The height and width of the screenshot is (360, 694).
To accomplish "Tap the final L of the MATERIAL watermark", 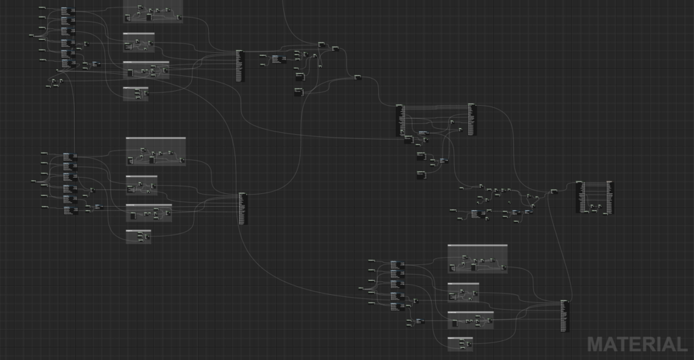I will (680, 344).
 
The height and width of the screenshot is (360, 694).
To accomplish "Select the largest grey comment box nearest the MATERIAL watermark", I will (477, 259).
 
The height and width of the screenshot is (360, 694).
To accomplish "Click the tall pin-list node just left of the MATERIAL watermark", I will (565, 317).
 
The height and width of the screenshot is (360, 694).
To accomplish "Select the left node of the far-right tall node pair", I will (579, 197).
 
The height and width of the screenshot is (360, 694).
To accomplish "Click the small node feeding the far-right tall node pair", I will (554, 191).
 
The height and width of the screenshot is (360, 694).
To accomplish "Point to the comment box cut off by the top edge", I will (153, 9).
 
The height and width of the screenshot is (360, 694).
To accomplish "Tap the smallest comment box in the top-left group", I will (136, 94).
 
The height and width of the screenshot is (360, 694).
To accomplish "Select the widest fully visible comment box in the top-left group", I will (146, 70).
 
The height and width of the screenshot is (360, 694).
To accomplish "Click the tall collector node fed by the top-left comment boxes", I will (239, 66).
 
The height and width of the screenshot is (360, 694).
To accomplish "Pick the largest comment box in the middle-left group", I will (155, 151).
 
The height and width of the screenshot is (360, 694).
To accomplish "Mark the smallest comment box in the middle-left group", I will (138, 236).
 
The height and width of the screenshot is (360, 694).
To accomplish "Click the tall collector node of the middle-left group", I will (243, 208).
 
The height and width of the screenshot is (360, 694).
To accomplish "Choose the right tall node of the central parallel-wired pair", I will (472, 119).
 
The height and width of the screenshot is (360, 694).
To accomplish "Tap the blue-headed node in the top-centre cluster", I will (277, 59).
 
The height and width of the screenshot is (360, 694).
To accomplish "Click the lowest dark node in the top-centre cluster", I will (298, 91).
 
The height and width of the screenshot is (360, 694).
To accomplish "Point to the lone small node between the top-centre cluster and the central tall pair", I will (358, 77).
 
